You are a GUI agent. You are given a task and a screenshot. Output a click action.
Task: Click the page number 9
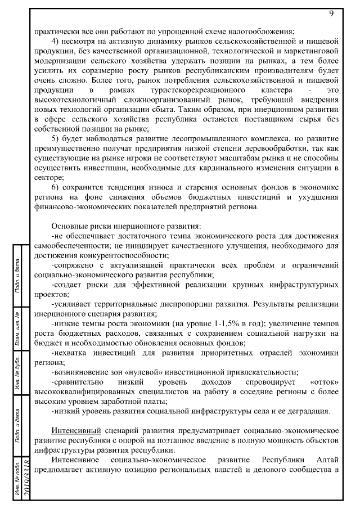tap(331, 13)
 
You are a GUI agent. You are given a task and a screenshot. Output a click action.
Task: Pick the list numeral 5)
tap(56, 140)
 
